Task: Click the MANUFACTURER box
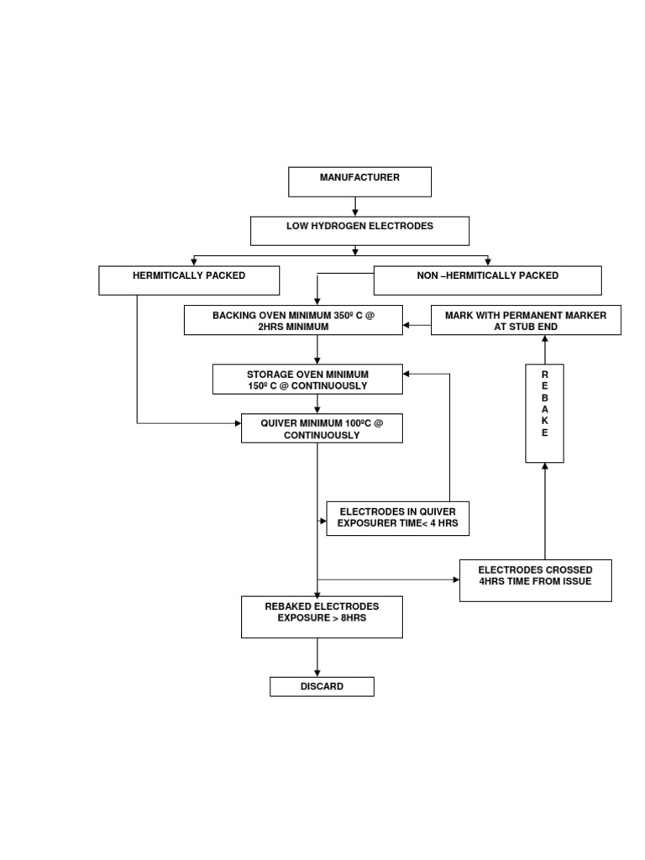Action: click(359, 181)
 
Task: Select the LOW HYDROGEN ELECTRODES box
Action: click(359, 231)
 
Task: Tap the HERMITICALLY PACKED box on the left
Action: click(189, 281)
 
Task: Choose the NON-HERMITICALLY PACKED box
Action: click(487, 281)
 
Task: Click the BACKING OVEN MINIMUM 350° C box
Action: click(293, 320)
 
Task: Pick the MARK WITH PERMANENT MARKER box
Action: click(526, 320)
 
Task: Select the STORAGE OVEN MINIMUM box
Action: click(307, 379)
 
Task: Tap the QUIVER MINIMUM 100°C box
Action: click(322, 428)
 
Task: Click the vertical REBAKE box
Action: click(544, 413)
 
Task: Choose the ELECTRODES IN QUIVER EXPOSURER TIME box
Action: click(397, 518)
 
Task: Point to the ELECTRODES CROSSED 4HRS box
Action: click(535, 580)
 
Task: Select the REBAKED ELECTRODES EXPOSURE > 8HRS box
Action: click(322, 616)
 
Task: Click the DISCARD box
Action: click(322, 687)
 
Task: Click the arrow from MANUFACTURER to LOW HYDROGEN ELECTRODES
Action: click(356, 207)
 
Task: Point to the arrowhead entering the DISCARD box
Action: click(317, 672)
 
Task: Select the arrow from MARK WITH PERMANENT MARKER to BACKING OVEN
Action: click(417, 324)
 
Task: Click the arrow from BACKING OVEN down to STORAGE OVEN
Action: click(317, 349)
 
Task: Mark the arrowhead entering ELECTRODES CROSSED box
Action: click(454, 579)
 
